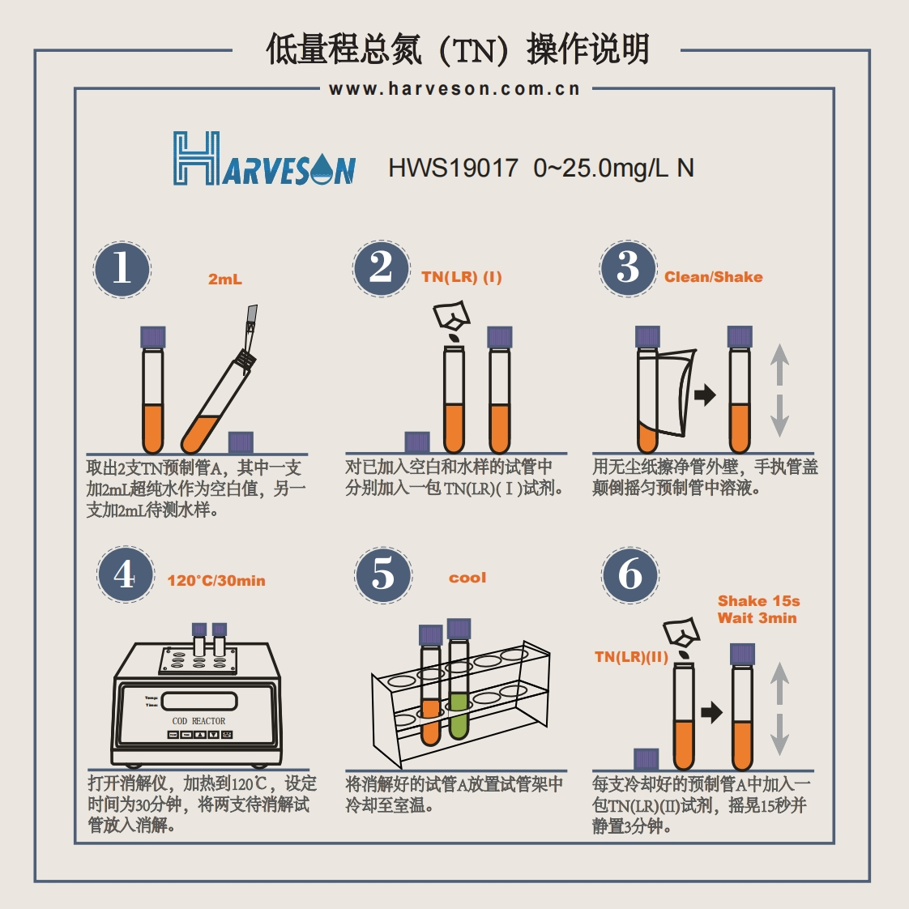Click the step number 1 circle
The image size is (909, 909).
coord(122,269)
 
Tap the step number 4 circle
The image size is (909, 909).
coord(126,574)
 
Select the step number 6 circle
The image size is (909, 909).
coord(630,574)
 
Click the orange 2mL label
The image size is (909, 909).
coord(225,280)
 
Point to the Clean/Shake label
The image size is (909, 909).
coord(713,277)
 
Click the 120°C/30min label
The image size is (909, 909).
coord(216,580)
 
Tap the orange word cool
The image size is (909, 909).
coord(467,578)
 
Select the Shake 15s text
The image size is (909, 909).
coord(758,600)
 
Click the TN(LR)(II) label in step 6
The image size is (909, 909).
coord(631,657)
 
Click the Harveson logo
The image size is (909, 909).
coord(264,159)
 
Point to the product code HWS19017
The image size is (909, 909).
coord(453,169)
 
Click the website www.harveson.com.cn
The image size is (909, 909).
coord(454,88)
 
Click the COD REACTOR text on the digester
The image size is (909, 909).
coord(198,721)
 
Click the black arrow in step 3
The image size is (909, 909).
coord(705,395)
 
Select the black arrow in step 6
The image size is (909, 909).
coord(711,712)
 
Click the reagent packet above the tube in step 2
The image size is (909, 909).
coord(451,315)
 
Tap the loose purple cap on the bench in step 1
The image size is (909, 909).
coord(241,442)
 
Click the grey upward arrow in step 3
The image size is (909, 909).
coord(779,365)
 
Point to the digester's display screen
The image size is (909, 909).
coord(198,701)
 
